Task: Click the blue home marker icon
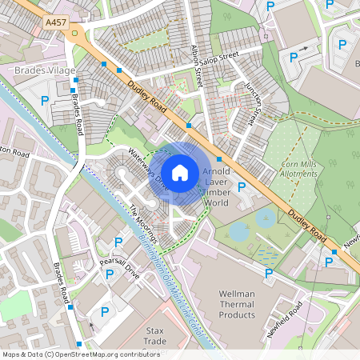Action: pos(180,172)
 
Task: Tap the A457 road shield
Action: pos(56,24)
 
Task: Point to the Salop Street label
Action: pos(221,57)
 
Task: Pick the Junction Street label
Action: pos(254,103)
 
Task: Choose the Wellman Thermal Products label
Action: pos(248,304)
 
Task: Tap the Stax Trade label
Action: pos(154,336)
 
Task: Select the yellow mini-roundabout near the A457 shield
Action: pos(75,33)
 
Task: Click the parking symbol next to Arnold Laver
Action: pos(242,186)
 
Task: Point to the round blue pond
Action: pos(238,232)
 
